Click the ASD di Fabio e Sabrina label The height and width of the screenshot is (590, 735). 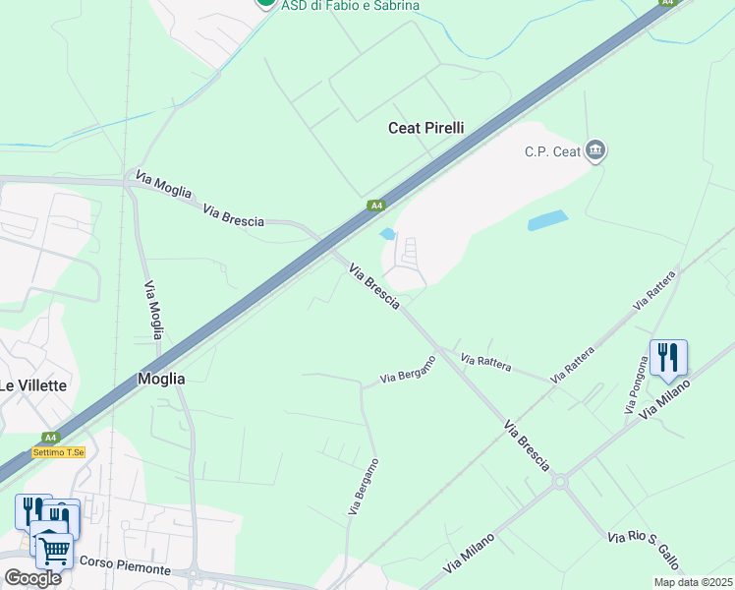(350, 5)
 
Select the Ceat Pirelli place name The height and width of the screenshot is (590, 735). (425, 128)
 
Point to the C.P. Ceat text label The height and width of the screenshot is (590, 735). (552, 151)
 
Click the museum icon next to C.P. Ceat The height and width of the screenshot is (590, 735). (594, 150)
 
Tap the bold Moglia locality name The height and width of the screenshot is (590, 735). (161, 378)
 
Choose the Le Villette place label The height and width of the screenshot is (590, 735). (32, 385)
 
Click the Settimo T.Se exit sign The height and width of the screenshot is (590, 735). (59, 452)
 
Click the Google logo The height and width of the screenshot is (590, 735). (32, 578)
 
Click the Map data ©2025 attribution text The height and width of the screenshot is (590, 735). (694, 582)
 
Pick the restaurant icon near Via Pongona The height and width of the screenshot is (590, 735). (668, 358)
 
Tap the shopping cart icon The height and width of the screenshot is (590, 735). (55, 550)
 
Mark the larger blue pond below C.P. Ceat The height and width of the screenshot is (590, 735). (547, 220)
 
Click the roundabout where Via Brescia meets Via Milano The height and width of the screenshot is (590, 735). (560, 482)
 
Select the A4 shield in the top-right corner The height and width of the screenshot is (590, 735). (668, 3)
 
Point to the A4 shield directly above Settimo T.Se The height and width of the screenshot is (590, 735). (49, 438)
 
